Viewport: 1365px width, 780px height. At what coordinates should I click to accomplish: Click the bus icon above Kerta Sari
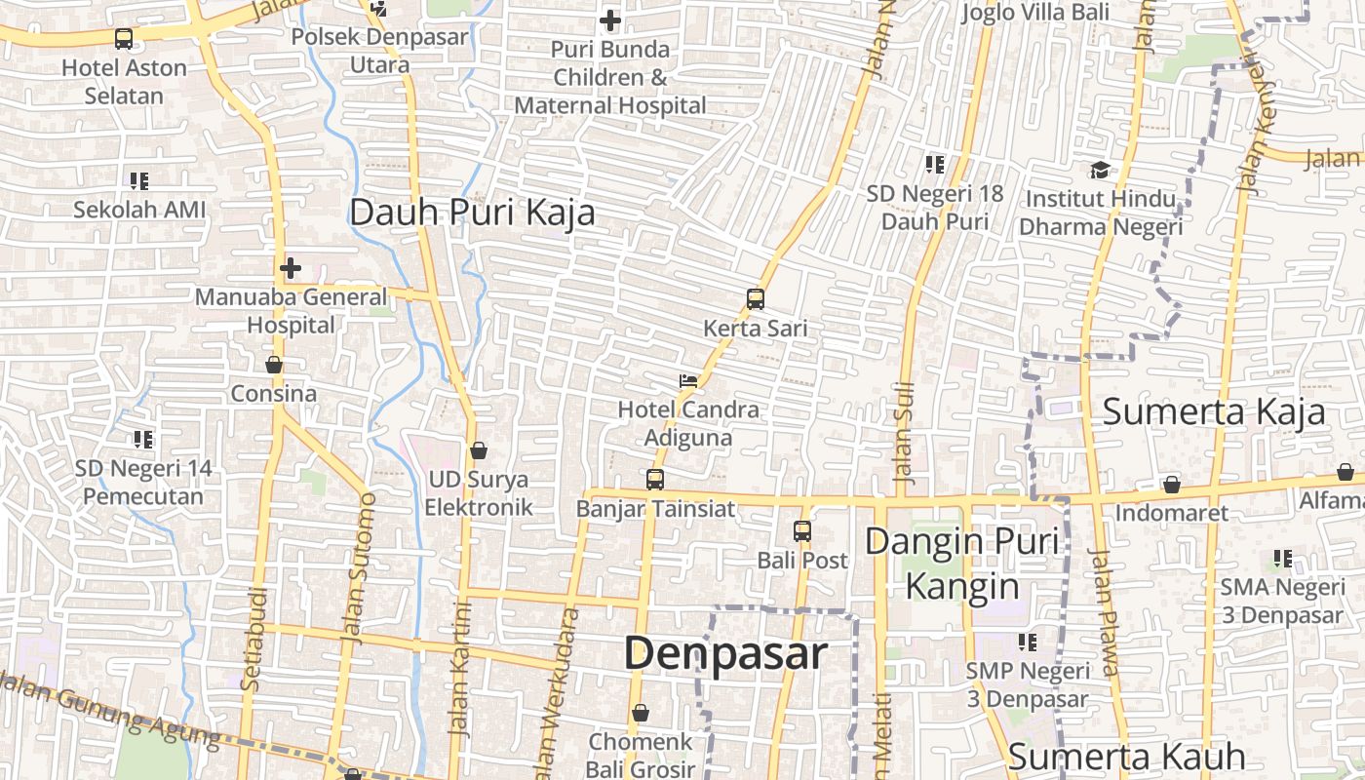pyautogui.click(x=756, y=299)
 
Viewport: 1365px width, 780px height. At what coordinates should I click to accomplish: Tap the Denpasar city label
pyautogui.click(x=725, y=653)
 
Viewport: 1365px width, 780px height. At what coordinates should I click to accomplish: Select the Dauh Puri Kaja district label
pyautogui.click(x=472, y=213)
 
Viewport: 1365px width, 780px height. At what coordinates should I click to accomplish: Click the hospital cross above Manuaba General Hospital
pyautogui.click(x=291, y=268)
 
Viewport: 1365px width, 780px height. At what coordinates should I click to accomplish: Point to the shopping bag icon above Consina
pyautogui.click(x=274, y=365)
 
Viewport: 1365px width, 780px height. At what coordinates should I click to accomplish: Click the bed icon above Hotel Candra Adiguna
pyautogui.click(x=688, y=380)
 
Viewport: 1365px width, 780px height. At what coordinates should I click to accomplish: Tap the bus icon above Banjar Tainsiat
pyautogui.click(x=655, y=480)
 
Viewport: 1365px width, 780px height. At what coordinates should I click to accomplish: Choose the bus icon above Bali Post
pyautogui.click(x=802, y=531)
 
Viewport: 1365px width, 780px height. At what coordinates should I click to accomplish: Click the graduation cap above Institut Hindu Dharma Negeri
pyautogui.click(x=1100, y=171)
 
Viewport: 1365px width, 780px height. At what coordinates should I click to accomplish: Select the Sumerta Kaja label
pyautogui.click(x=1214, y=411)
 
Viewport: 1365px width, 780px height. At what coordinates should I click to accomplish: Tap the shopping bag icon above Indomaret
pyautogui.click(x=1172, y=485)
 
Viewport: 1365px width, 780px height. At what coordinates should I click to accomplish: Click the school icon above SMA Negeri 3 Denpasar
pyautogui.click(x=1282, y=560)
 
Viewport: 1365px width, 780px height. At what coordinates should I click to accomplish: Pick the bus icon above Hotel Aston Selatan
pyautogui.click(x=124, y=39)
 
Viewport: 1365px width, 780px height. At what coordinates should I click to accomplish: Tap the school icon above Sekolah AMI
pyautogui.click(x=139, y=180)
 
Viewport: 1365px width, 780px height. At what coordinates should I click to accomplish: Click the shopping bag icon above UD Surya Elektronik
pyautogui.click(x=479, y=450)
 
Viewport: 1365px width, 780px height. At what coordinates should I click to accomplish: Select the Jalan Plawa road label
pyautogui.click(x=1104, y=612)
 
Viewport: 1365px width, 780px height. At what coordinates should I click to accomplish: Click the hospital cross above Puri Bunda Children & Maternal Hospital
pyautogui.click(x=610, y=19)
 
